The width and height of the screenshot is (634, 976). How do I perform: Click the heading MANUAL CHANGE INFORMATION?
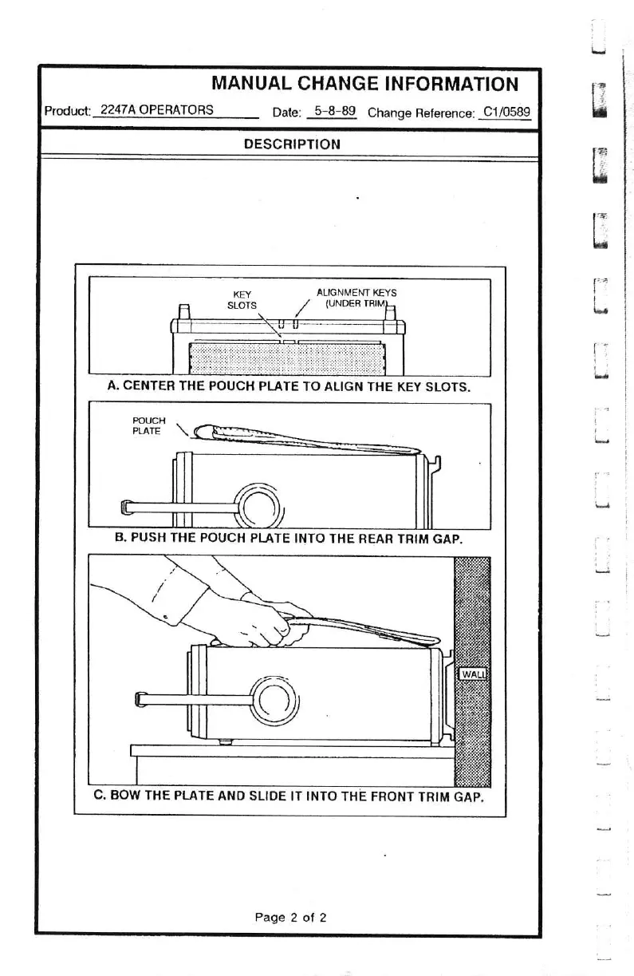tap(364, 84)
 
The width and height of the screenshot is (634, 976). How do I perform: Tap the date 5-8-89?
tap(334, 111)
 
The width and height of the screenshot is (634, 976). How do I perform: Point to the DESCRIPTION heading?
tap(292, 144)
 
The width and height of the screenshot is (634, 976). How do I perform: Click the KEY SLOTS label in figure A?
tap(242, 299)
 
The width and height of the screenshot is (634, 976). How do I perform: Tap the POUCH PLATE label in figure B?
tap(148, 426)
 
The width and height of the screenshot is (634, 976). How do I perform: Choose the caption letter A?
tap(113, 386)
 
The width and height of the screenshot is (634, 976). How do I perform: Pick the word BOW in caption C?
tap(126, 796)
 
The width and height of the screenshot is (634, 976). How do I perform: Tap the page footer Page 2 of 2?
tap(290, 917)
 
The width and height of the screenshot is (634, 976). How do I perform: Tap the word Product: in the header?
tap(68, 111)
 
